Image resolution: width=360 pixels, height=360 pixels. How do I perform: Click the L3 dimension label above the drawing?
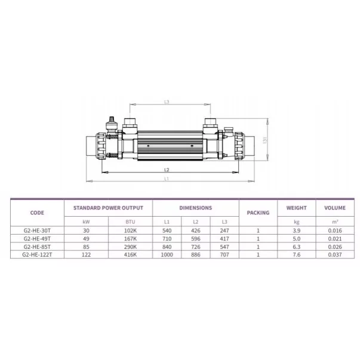[x=167, y=101]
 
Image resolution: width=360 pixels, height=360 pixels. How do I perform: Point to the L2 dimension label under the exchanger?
[x=167, y=170]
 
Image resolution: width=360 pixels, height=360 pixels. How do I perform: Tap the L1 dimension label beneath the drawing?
[x=167, y=179]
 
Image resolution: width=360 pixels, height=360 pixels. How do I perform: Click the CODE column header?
[x=37, y=213]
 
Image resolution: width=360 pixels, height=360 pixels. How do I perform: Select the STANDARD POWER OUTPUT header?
[x=109, y=208]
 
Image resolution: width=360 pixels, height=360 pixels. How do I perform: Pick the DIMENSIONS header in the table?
[x=196, y=208]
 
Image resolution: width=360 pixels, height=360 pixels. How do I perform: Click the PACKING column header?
[x=258, y=213]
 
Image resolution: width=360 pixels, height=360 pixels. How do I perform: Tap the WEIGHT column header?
[x=296, y=208]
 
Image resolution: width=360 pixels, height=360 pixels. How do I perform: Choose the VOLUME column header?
[x=335, y=208]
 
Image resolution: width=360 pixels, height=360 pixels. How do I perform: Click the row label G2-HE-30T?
[x=37, y=230]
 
